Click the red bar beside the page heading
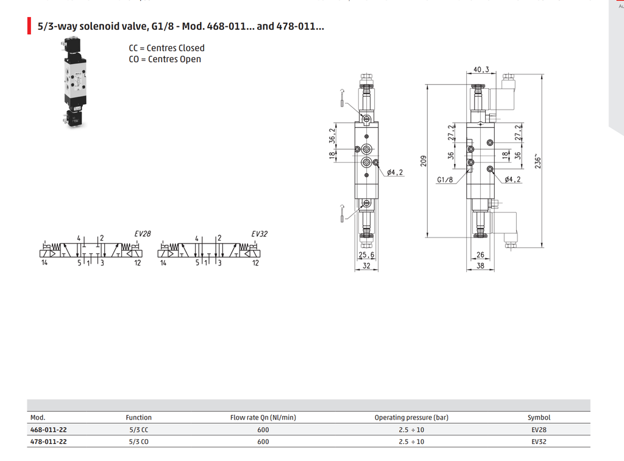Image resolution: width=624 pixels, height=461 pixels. [x=29, y=26]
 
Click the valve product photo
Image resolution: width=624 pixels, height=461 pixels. [x=75, y=83]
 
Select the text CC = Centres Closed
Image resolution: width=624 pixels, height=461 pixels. [x=166, y=48]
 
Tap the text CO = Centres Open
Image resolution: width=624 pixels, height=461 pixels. [x=165, y=59]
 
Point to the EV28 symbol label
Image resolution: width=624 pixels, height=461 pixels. [x=143, y=234]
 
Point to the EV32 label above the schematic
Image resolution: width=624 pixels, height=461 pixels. [x=260, y=234]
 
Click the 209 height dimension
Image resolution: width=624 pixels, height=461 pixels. [x=424, y=161]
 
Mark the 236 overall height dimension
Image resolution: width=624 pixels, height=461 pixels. [x=537, y=161]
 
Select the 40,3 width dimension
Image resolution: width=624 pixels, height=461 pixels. [x=481, y=69]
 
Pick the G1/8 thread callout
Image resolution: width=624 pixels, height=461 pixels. [x=445, y=180]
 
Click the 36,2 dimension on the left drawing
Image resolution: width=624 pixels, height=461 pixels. [x=332, y=136]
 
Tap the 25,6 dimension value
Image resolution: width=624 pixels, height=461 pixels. [x=366, y=255]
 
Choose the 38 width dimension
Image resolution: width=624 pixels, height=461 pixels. [x=480, y=266]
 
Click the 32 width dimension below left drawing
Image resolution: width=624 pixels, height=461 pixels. [x=366, y=266]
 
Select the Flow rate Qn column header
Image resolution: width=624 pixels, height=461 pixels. [x=263, y=417]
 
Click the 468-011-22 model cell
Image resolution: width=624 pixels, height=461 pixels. [x=49, y=429]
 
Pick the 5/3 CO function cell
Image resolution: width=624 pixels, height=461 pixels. [x=138, y=442]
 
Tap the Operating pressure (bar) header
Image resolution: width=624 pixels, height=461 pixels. [x=411, y=417]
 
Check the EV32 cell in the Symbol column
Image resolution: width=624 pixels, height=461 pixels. [x=539, y=442]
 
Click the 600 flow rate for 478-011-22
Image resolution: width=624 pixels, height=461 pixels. [x=263, y=442]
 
